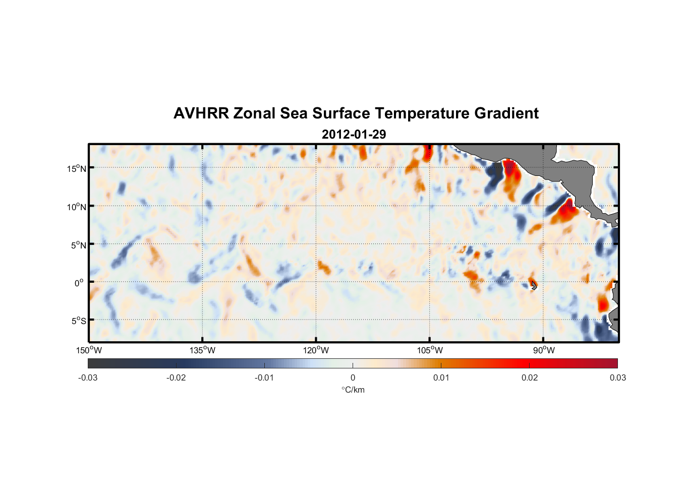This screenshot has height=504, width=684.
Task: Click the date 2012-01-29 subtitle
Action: point(354,135)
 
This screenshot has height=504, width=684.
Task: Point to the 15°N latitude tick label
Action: point(77,168)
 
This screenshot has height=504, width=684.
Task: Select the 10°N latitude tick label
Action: point(77,207)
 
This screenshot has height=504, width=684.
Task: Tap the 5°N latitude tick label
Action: point(78,245)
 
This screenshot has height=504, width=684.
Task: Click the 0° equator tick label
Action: point(79,283)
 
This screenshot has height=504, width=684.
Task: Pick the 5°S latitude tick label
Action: point(78,321)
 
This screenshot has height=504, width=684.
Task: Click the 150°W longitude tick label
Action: point(89,350)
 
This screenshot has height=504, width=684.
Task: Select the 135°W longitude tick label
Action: point(203,350)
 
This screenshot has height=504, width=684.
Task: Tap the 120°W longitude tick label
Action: point(316,350)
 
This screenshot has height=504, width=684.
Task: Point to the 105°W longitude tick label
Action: point(430,350)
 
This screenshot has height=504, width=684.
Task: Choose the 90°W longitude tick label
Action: point(544,350)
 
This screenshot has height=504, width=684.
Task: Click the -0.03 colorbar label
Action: point(88,377)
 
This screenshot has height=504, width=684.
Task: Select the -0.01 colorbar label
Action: point(264,377)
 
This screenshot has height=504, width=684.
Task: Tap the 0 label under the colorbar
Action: point(353,377)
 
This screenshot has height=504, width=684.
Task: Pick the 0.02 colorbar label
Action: point(530,377)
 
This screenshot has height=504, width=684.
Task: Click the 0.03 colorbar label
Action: point(617,377)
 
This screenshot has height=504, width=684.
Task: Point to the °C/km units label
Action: point(353,390)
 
